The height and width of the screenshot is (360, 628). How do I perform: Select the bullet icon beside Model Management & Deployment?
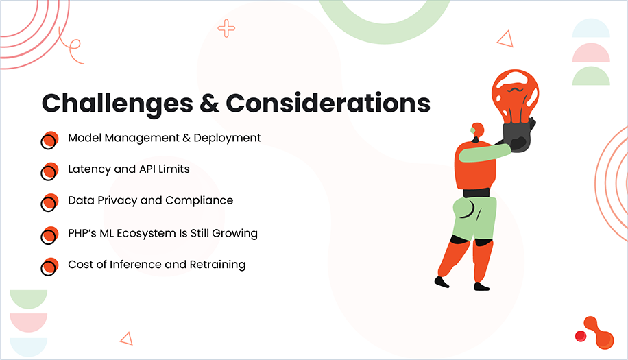click(49, 140)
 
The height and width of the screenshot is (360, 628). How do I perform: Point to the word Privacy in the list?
click(117, 201)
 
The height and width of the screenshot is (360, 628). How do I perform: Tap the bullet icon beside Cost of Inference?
click(49, 267)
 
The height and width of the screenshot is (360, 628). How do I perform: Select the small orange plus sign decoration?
click(226, 28)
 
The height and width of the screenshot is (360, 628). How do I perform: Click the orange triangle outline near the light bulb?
click(505, 39)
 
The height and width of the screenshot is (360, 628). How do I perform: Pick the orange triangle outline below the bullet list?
click(126, 337)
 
